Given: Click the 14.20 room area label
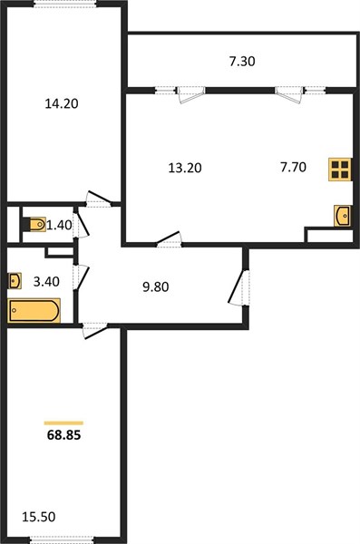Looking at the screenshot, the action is pyautogui.click(x=62, y=103).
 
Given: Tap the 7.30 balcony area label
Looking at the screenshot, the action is pyautogui.click(x=242, y=61).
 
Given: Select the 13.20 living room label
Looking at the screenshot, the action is pyautogui.click(x=185, y=168).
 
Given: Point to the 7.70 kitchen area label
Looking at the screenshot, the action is pyautogui.click(x=293, y=167).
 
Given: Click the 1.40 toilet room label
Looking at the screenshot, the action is pyautogui.click(x=59, y=225).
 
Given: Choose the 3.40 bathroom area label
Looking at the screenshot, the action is pyautogui.click(x=46, y=281).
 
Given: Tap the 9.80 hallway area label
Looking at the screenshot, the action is pyautogui.click(x=156, y=287).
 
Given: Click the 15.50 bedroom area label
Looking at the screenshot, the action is pyautogui.click(x=38, y=517).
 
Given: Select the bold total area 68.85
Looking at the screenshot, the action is pyautogui.click(x=63, y=435).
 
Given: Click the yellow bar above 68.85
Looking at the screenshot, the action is pyautogui.click(x=63, y=423).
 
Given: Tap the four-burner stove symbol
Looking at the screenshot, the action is pyautogui.click(x=340, y=170).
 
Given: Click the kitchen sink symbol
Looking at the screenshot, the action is pyautogui.click(x=342, y=216).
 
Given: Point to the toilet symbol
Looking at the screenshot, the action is pyautogui.click(x=34, y=225).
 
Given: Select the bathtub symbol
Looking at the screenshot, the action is pyautogui.click(x=34, y=310).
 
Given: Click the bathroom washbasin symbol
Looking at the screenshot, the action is pyautogui.click(x=15, y=281).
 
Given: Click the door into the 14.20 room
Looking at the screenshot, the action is pyautogui.click(x=99, y=199).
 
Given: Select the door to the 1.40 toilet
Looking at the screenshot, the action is pyautogui.click(x=81, y=224).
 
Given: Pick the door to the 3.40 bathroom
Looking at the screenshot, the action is pyautogui.click(x=81, y=277).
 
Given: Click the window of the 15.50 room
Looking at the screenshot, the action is pyautogui.click(x=62, y=539).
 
